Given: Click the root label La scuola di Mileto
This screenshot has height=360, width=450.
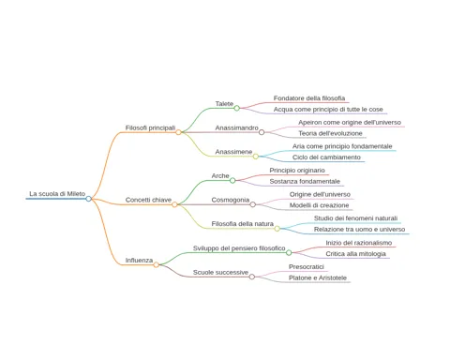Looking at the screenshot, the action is [x=57, y=194].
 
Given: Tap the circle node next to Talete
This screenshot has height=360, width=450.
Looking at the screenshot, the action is [x=237, y=108].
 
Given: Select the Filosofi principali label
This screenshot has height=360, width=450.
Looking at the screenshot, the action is [x=150, y=127].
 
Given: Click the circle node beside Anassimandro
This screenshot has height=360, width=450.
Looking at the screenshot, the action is [x=262, y=132].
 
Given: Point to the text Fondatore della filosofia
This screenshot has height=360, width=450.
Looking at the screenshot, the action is [x=309, y=98].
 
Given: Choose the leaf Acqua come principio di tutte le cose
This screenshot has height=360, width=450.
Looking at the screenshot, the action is [x=328, y=110].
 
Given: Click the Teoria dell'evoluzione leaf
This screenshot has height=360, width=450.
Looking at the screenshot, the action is [x=330, y=133].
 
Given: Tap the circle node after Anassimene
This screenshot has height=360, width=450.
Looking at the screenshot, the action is [x=256, y=157].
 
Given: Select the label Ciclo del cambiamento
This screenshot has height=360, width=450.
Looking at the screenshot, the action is [x=326, y=157].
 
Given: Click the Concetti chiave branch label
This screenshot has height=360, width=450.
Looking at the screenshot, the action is [x=148, y=200].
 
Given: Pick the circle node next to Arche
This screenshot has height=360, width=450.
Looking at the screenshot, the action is [x=232, y=180].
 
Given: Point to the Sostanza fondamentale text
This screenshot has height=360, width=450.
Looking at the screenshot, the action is [x=305, y=181].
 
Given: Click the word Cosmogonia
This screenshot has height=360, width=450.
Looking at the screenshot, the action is [x=231, y=200].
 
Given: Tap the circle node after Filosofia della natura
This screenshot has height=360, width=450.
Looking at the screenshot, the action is [x=277, y=229].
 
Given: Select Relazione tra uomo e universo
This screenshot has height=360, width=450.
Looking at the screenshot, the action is [x=359, y=230].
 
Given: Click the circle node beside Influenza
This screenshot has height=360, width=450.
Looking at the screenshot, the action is [x=156, y=264].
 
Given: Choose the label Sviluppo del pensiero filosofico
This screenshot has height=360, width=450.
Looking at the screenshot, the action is [x=239, y=248].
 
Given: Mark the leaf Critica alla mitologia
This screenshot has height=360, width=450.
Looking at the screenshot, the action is [x=355, y=254].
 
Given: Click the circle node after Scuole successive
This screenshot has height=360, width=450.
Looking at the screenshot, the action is [x=252, y=277].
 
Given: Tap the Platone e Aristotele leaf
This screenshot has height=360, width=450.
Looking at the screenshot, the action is [x=318, y=277].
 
